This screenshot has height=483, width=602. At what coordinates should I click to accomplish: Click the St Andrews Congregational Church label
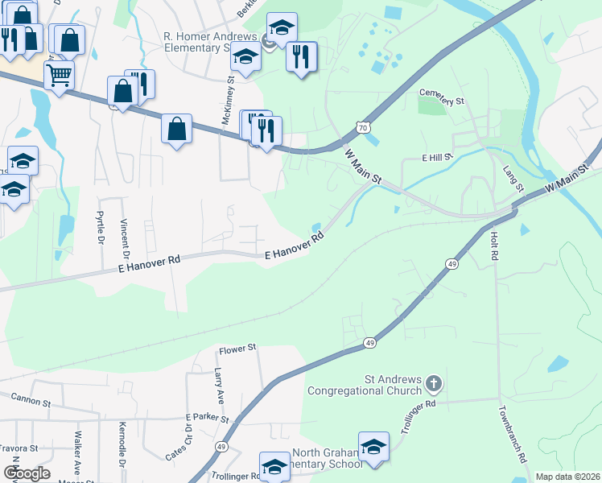click(x=364, y=385)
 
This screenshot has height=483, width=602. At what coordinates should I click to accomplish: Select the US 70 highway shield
click(x=364, y=127)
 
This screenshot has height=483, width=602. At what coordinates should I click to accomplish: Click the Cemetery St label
click(x=443, y=102)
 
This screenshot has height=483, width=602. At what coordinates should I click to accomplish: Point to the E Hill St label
click(x=438, y=159)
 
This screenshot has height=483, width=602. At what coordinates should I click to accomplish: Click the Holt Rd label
click(x=493, y=245)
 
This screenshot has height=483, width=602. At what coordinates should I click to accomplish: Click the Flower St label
click(x=237, y=348)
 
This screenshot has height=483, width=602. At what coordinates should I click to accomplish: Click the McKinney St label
click(x=228, y=101)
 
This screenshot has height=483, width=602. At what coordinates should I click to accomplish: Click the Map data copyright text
click(x=567, y=477)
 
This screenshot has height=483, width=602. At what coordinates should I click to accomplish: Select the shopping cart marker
click(x=59, y=76)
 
